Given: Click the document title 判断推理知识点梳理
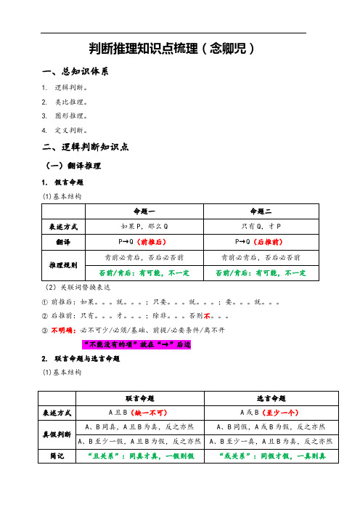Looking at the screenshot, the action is click(171, 49).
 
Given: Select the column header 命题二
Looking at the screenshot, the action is click(263, 211).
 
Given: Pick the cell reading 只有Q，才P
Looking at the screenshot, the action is click(263, 226).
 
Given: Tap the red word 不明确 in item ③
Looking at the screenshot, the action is click(62, 328).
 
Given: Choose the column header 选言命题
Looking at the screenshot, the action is click(263, 398).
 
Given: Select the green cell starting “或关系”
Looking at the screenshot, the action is click(263, 456).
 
